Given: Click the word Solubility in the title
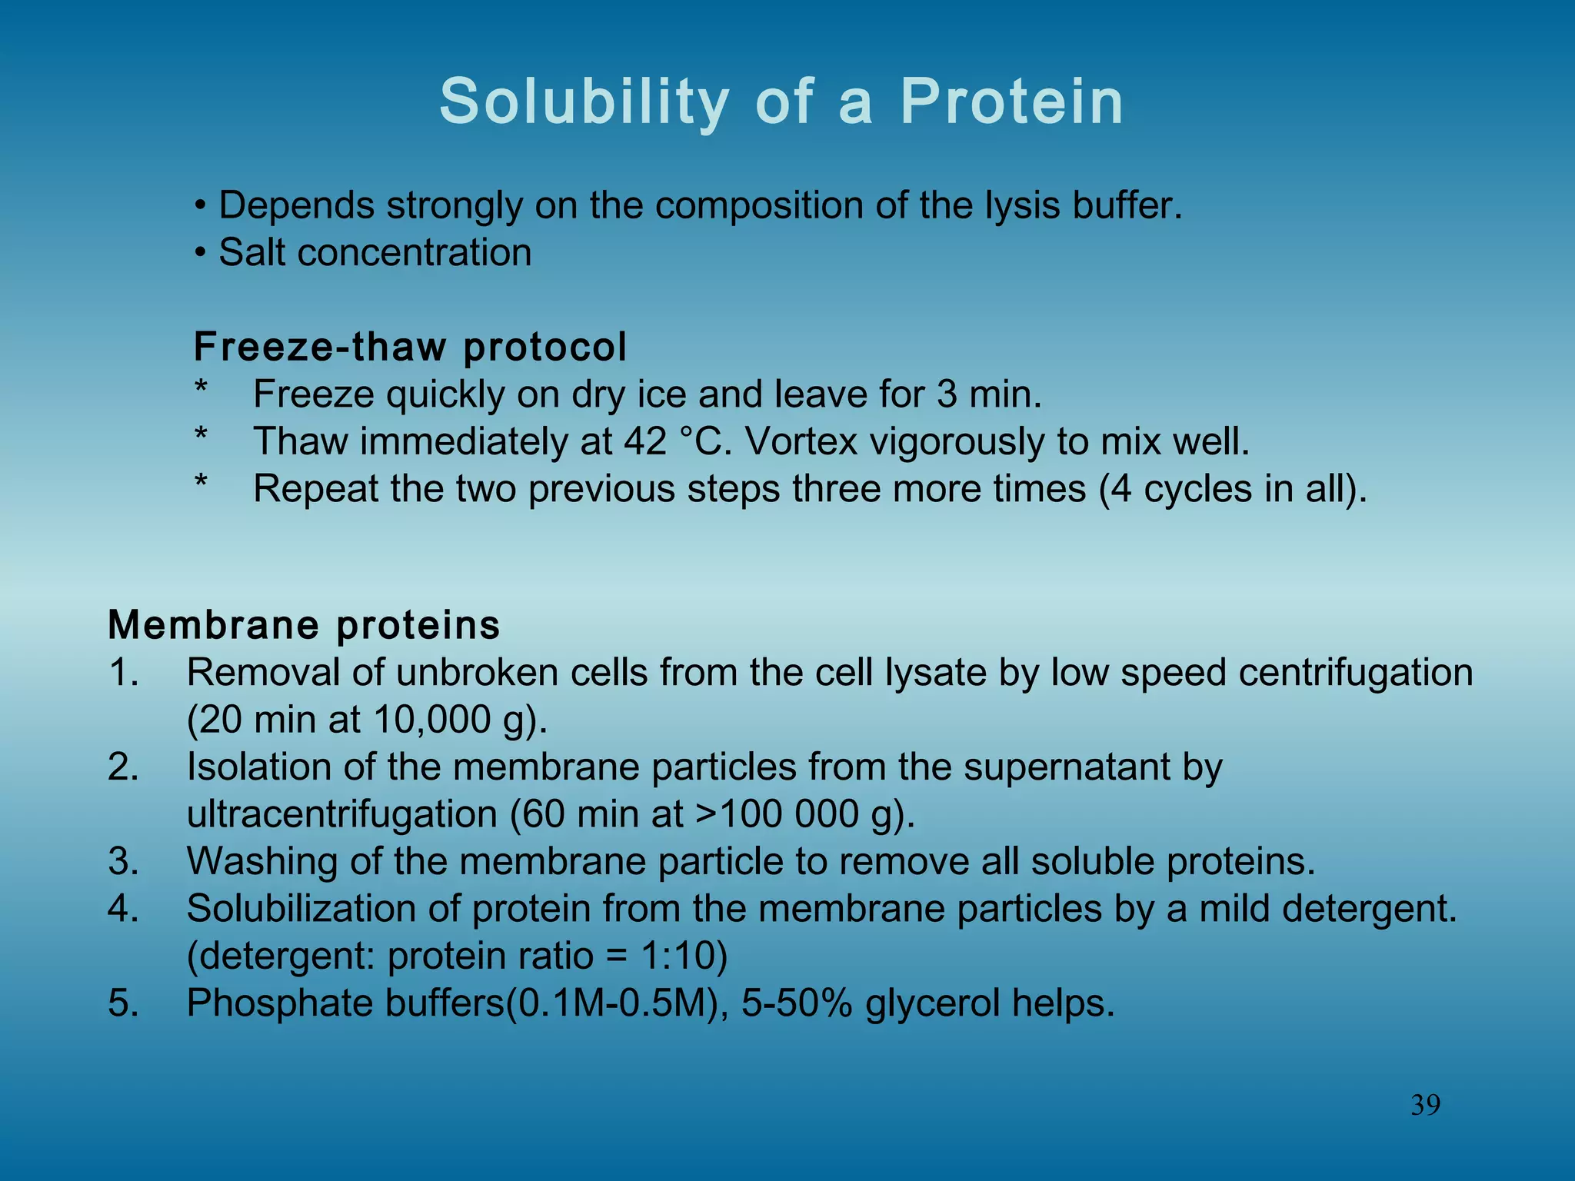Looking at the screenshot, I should pyautogui.click(x=584, y=102).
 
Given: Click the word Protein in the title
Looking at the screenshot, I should pyautogui.click(x=1011, y=102).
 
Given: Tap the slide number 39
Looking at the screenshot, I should pyautogui.click(x=1425, y=1105).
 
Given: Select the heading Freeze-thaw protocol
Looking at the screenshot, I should pyautogui.click(x=410, y=347).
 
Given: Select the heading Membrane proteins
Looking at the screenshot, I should pyautogui.click(x=304, y=624).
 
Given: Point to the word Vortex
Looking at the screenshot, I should pyautogui.click(x=801, y=441).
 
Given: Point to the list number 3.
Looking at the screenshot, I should pyautogui.click(x=124, y=861).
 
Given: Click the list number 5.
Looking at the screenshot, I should pyautogui.click(x=124, y=1003).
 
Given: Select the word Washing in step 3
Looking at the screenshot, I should pyautogui.click(x=261, y=861).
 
